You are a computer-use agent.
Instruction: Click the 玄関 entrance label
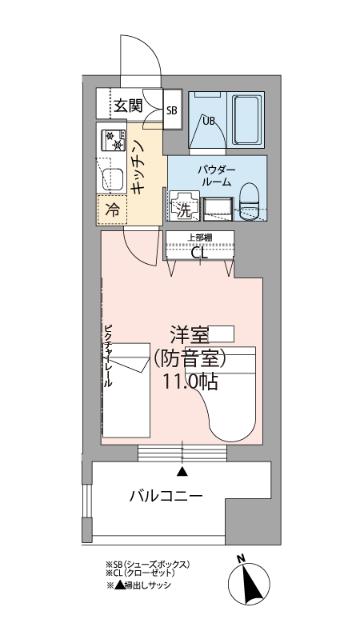pyautogui.click(x=128, y=106)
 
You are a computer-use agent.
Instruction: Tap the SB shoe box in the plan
pyautogui.click(x=172, y=110)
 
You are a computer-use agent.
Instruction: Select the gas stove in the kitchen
pyautogui.click(x=113, y=140)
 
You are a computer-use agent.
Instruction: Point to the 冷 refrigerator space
pyautogui.click(x=112, y=210)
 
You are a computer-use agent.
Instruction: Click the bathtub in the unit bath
pyautogui.click(x=248, y=119)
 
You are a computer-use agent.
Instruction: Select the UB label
pyautogui.click(x=209, y=121)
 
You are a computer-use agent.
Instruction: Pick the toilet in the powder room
pyautogui.click(x=250, y=201)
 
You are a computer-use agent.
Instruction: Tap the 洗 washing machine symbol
pyautogui.click(x=184, y=206)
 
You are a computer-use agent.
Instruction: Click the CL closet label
pyautogui.click(x=200, y=254)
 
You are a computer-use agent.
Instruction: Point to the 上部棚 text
pyautogui.click(x=200, y=237)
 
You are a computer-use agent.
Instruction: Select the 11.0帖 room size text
pyautogui.click(x=190, y=381)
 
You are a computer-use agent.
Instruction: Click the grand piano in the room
pyautogui.click(x=224, y=393)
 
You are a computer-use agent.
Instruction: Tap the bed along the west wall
pyautogui.click(x=126, y=390)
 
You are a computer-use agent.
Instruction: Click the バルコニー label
pyautogui.click(x=166, y=497)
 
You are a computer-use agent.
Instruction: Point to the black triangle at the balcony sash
pyautogui.click(x=182, y=472)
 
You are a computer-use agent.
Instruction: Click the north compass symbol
pyautogui.click(x=249, y=583)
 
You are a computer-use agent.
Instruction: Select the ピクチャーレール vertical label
pyautogui.click(x=108, y=356)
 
